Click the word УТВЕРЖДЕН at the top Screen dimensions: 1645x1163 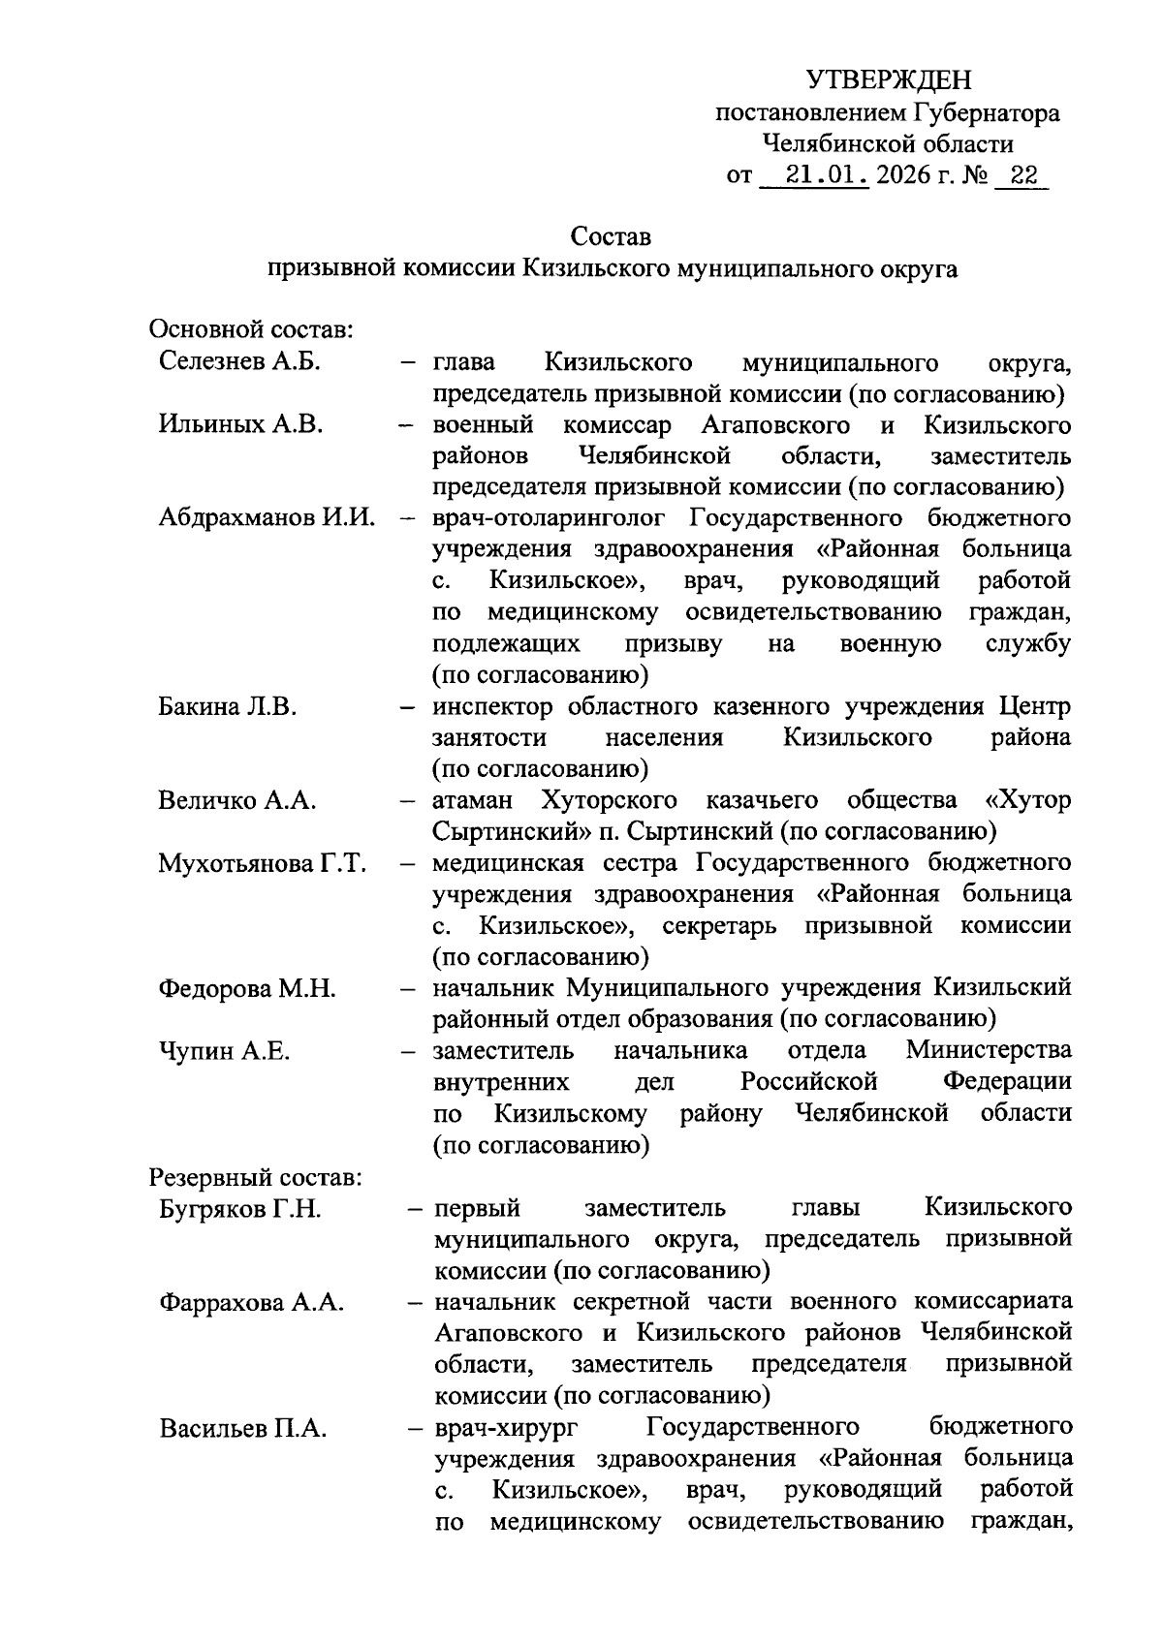888,79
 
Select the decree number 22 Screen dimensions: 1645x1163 1022,175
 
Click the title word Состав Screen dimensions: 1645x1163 611,235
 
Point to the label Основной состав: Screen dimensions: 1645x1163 250,329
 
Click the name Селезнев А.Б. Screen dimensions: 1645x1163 239,362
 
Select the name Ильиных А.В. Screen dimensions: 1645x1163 240,424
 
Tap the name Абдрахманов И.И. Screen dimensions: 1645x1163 267,517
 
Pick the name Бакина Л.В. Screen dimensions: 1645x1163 227,706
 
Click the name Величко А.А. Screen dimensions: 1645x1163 237,800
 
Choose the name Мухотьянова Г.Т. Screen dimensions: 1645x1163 262,862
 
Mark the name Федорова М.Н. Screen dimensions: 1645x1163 247,988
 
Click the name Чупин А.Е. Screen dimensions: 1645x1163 224,1050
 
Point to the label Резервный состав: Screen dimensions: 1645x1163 255,1178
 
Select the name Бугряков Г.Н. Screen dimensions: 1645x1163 239,1209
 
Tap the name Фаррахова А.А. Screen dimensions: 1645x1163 252,1303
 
